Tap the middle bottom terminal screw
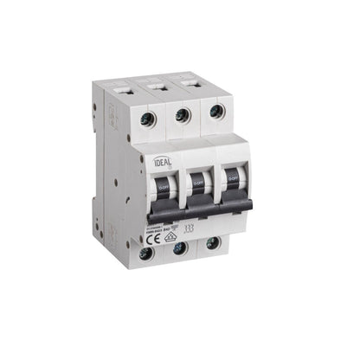180,251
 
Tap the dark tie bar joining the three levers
199,208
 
